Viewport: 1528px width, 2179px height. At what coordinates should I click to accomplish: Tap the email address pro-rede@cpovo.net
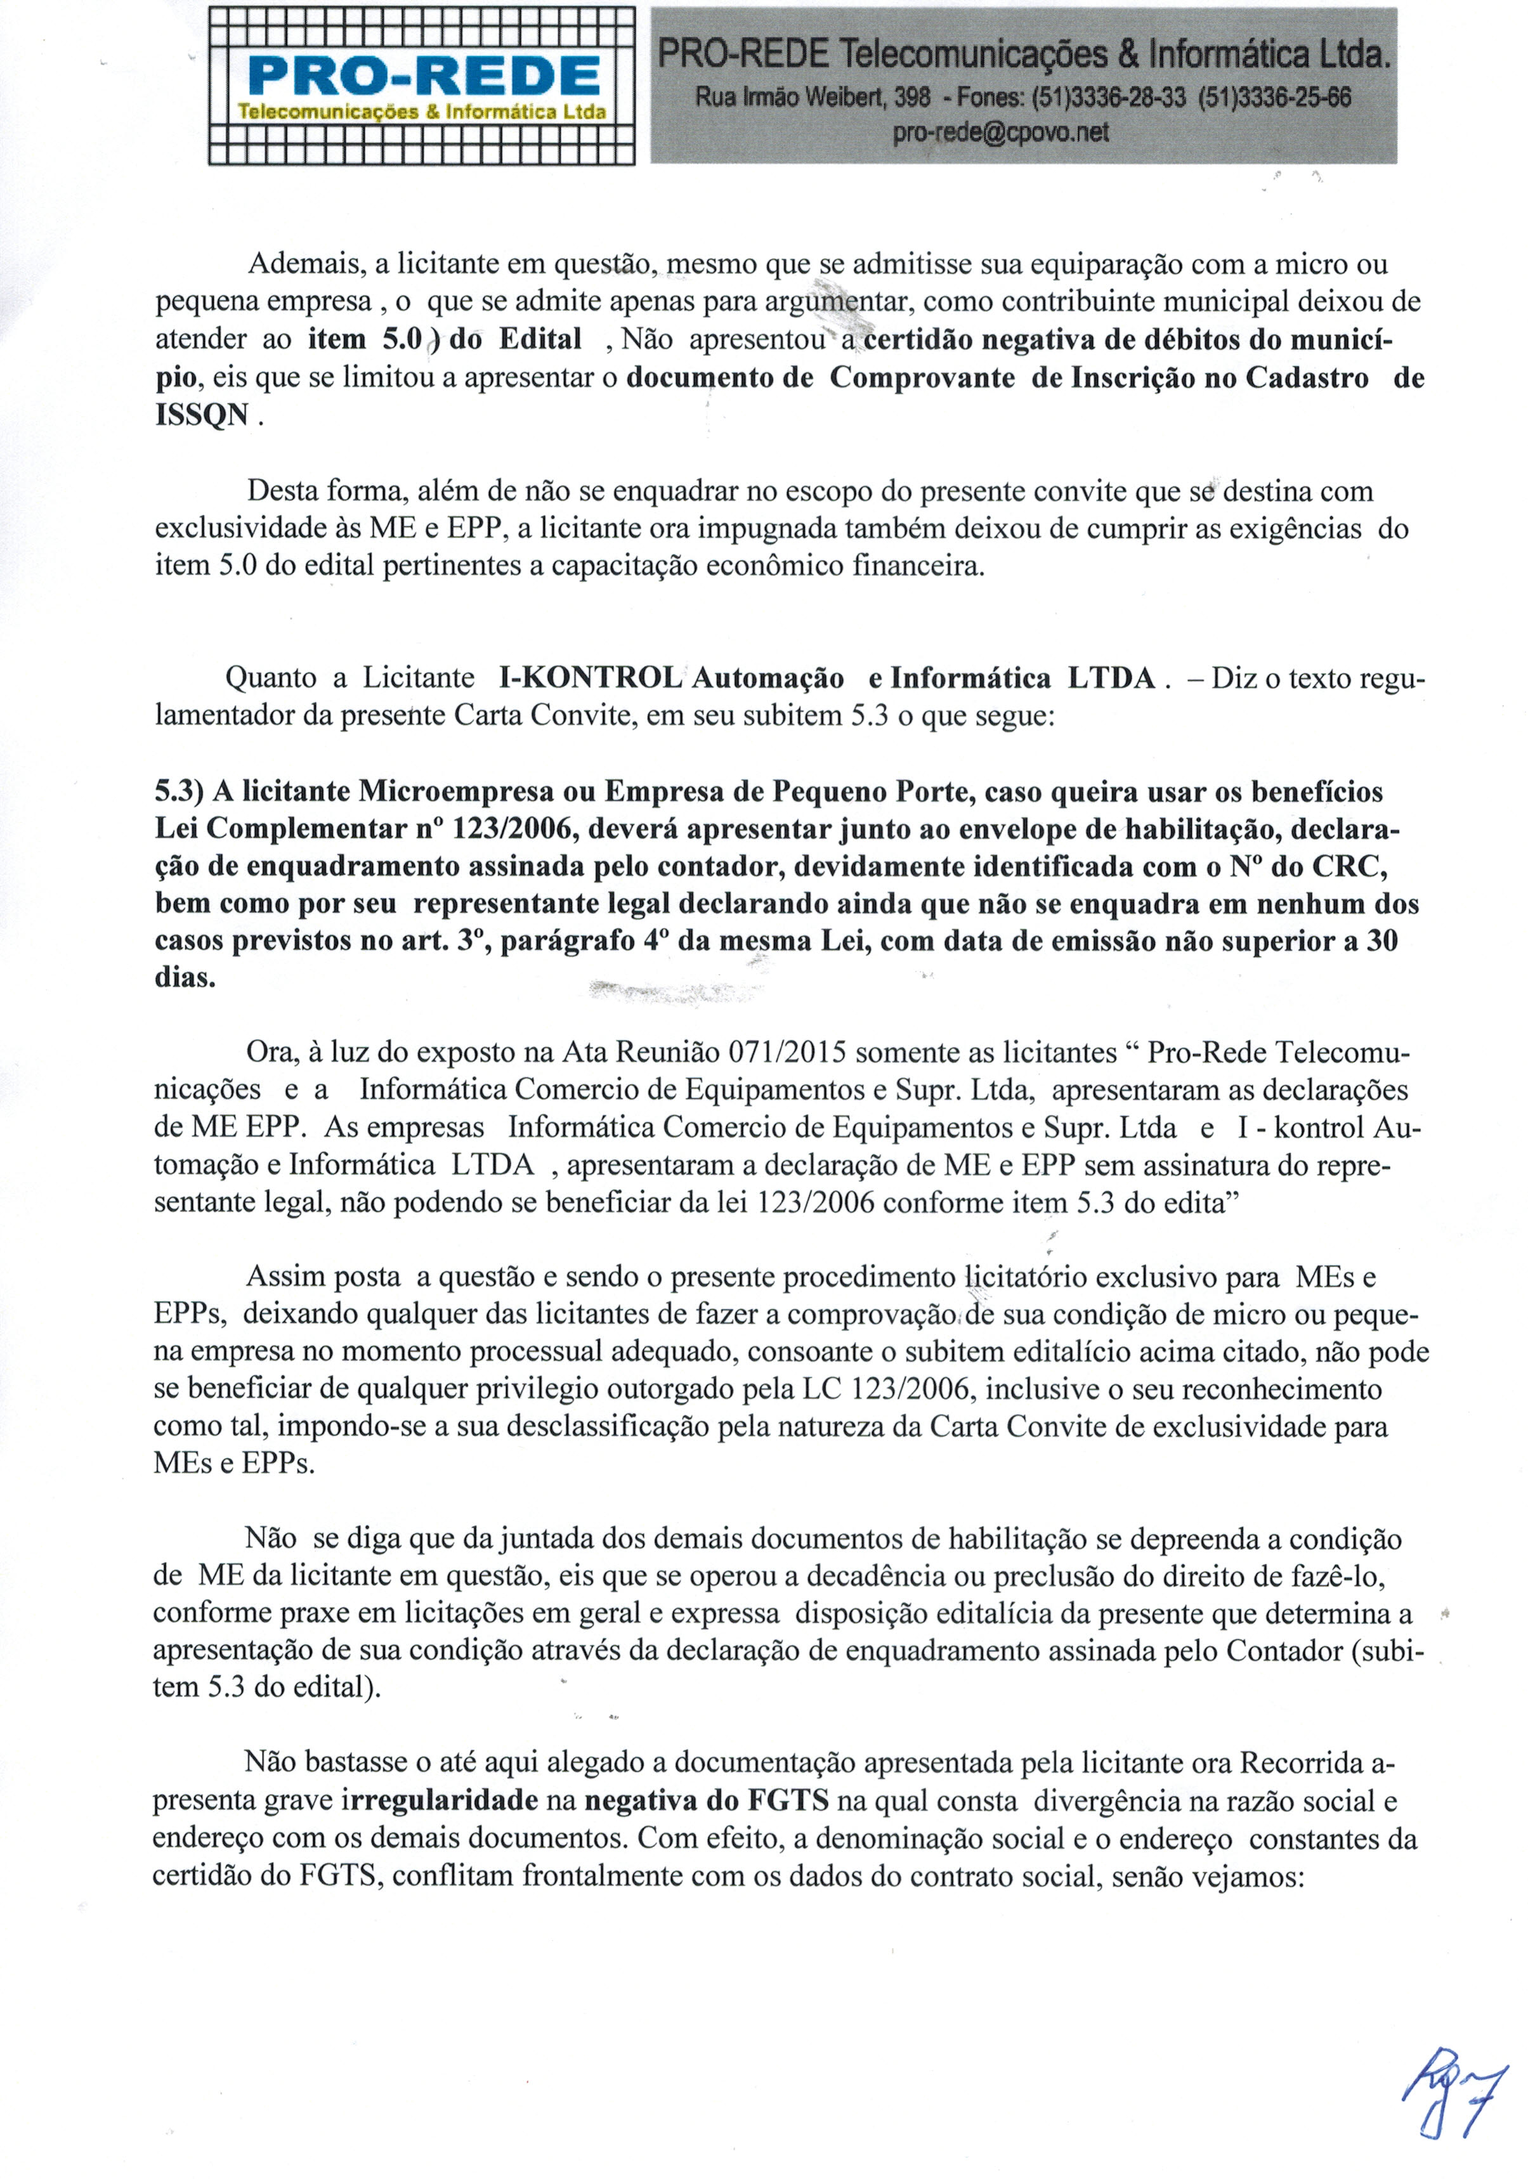pos(1000,133)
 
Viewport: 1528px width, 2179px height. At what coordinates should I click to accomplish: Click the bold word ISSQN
pos(202,415)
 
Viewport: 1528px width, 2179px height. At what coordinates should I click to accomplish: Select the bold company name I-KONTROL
pos(589,678)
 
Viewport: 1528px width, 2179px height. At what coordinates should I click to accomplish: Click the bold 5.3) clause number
pos(180,791)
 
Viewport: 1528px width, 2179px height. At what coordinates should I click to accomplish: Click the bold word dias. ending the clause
pos(185,977)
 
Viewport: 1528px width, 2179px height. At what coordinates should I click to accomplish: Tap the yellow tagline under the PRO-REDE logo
pos(421,112)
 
